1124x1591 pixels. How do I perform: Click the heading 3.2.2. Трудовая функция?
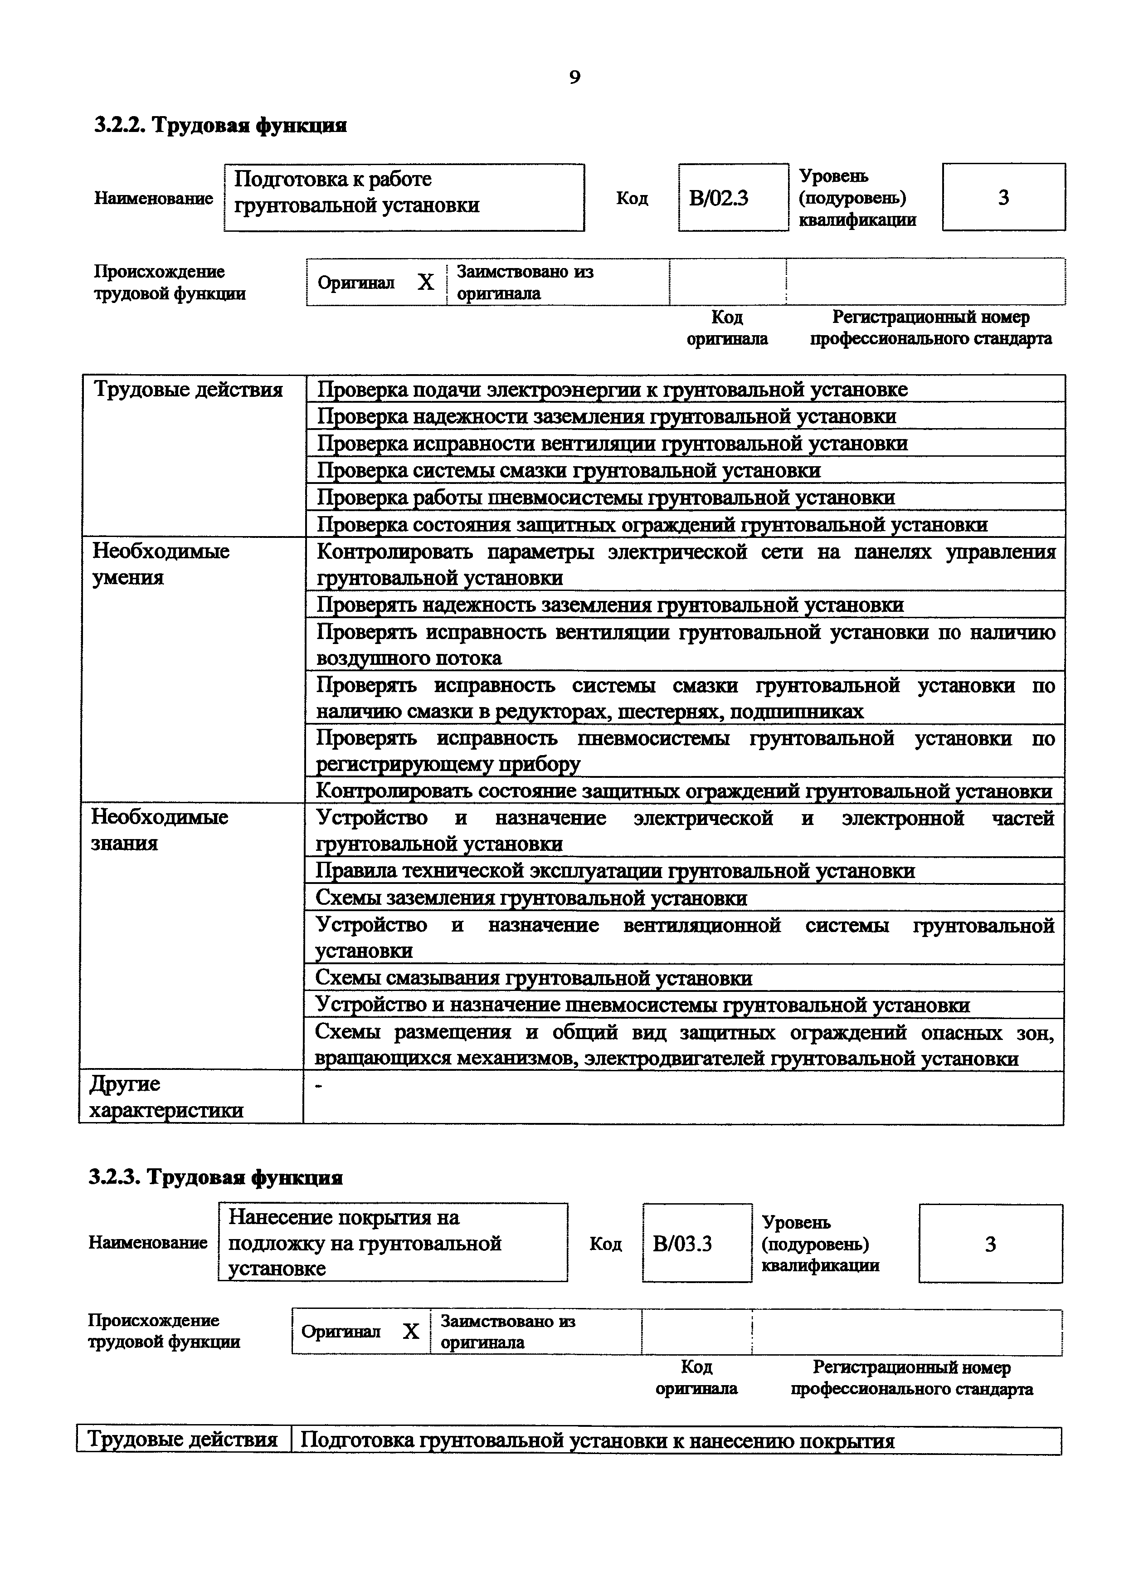point(220,126)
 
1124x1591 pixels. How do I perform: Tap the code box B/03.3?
point(697,1244)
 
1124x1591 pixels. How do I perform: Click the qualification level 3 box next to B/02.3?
point(1003,197)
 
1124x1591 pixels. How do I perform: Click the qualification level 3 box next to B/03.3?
point(990,1244)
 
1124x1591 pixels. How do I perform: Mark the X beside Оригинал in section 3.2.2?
point(425,283)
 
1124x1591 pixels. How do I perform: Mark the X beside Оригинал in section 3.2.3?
point(411,1331)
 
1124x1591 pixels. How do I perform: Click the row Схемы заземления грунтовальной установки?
point(531,898)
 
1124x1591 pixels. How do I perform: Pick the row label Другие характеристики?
point(166,1097)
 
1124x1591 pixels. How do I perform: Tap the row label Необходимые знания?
point(159,830)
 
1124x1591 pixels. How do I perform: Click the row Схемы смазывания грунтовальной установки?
point(533,978)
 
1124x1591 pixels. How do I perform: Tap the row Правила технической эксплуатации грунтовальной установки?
point(615,871)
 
